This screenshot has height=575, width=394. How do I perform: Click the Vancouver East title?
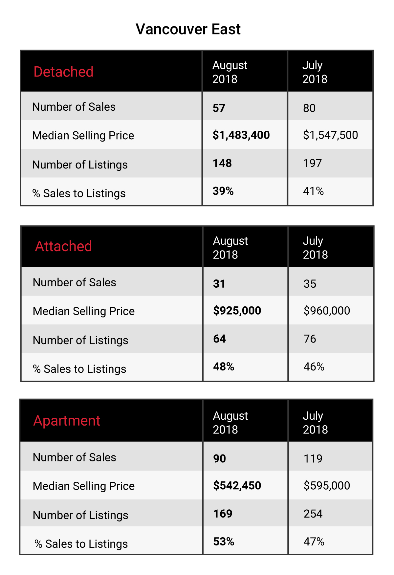pyautogui.click(x=188, y=29)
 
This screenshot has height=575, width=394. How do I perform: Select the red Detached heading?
pyautogui.click(x=63, y=72)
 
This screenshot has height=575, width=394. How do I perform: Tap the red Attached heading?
pyautogui.click(x=63, y=246)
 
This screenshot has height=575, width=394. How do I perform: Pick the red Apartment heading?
pyautogui.click(x=67, y=421)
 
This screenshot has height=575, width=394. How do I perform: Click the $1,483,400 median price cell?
pyautogui.click(x=241, y=135)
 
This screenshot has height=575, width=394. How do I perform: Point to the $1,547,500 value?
pyautogui.click(x=330, y=135)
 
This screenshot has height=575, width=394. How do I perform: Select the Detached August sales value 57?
pyautogui.click(x=219, y=108)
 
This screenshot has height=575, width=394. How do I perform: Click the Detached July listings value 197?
pyautogui.click(x=312, y=163)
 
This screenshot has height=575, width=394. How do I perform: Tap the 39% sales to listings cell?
pyautogui.click(x=223, y=191)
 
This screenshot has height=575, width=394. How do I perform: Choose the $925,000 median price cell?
pyautogui.click(x=237, y=310)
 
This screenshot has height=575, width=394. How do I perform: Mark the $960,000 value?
pyautogui.click(x=327, y=310)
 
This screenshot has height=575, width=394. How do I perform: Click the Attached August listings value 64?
pyautogui.click(x=219, y=339)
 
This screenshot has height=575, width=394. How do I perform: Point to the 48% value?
pyautogui.click(x=224, y=366)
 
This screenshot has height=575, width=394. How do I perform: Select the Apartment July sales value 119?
pyautogui.click(x=313, y=458)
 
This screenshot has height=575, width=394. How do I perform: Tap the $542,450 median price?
pyautogui.click(x=237, y=485)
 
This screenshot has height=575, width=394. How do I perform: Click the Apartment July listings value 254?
pyautogui.click(x=313, y=514)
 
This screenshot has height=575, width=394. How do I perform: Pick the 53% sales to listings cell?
pyautogui.click(x=224, y=542)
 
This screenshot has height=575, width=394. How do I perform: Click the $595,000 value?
pyautogui.click(x=327, y=485)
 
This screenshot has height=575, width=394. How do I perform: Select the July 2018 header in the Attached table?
pyautogui.click(x=315, y=248)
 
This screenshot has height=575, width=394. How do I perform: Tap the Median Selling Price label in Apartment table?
pyautogui.click(x=84, y=486)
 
